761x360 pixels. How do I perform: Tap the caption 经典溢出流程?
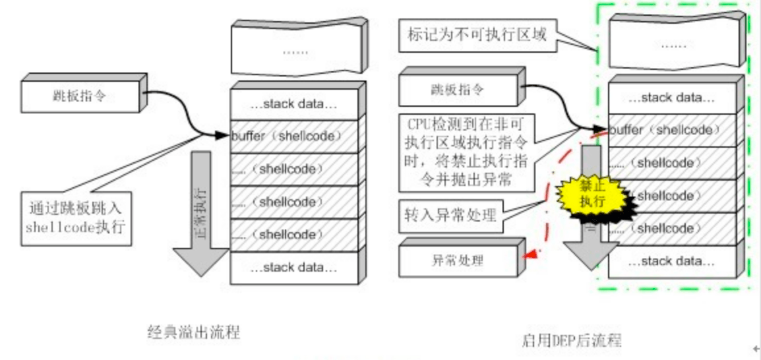tap(193, 332)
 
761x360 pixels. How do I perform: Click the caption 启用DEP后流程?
tap(571, 340)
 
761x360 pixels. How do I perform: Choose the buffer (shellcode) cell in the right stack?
tap(669, 131)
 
